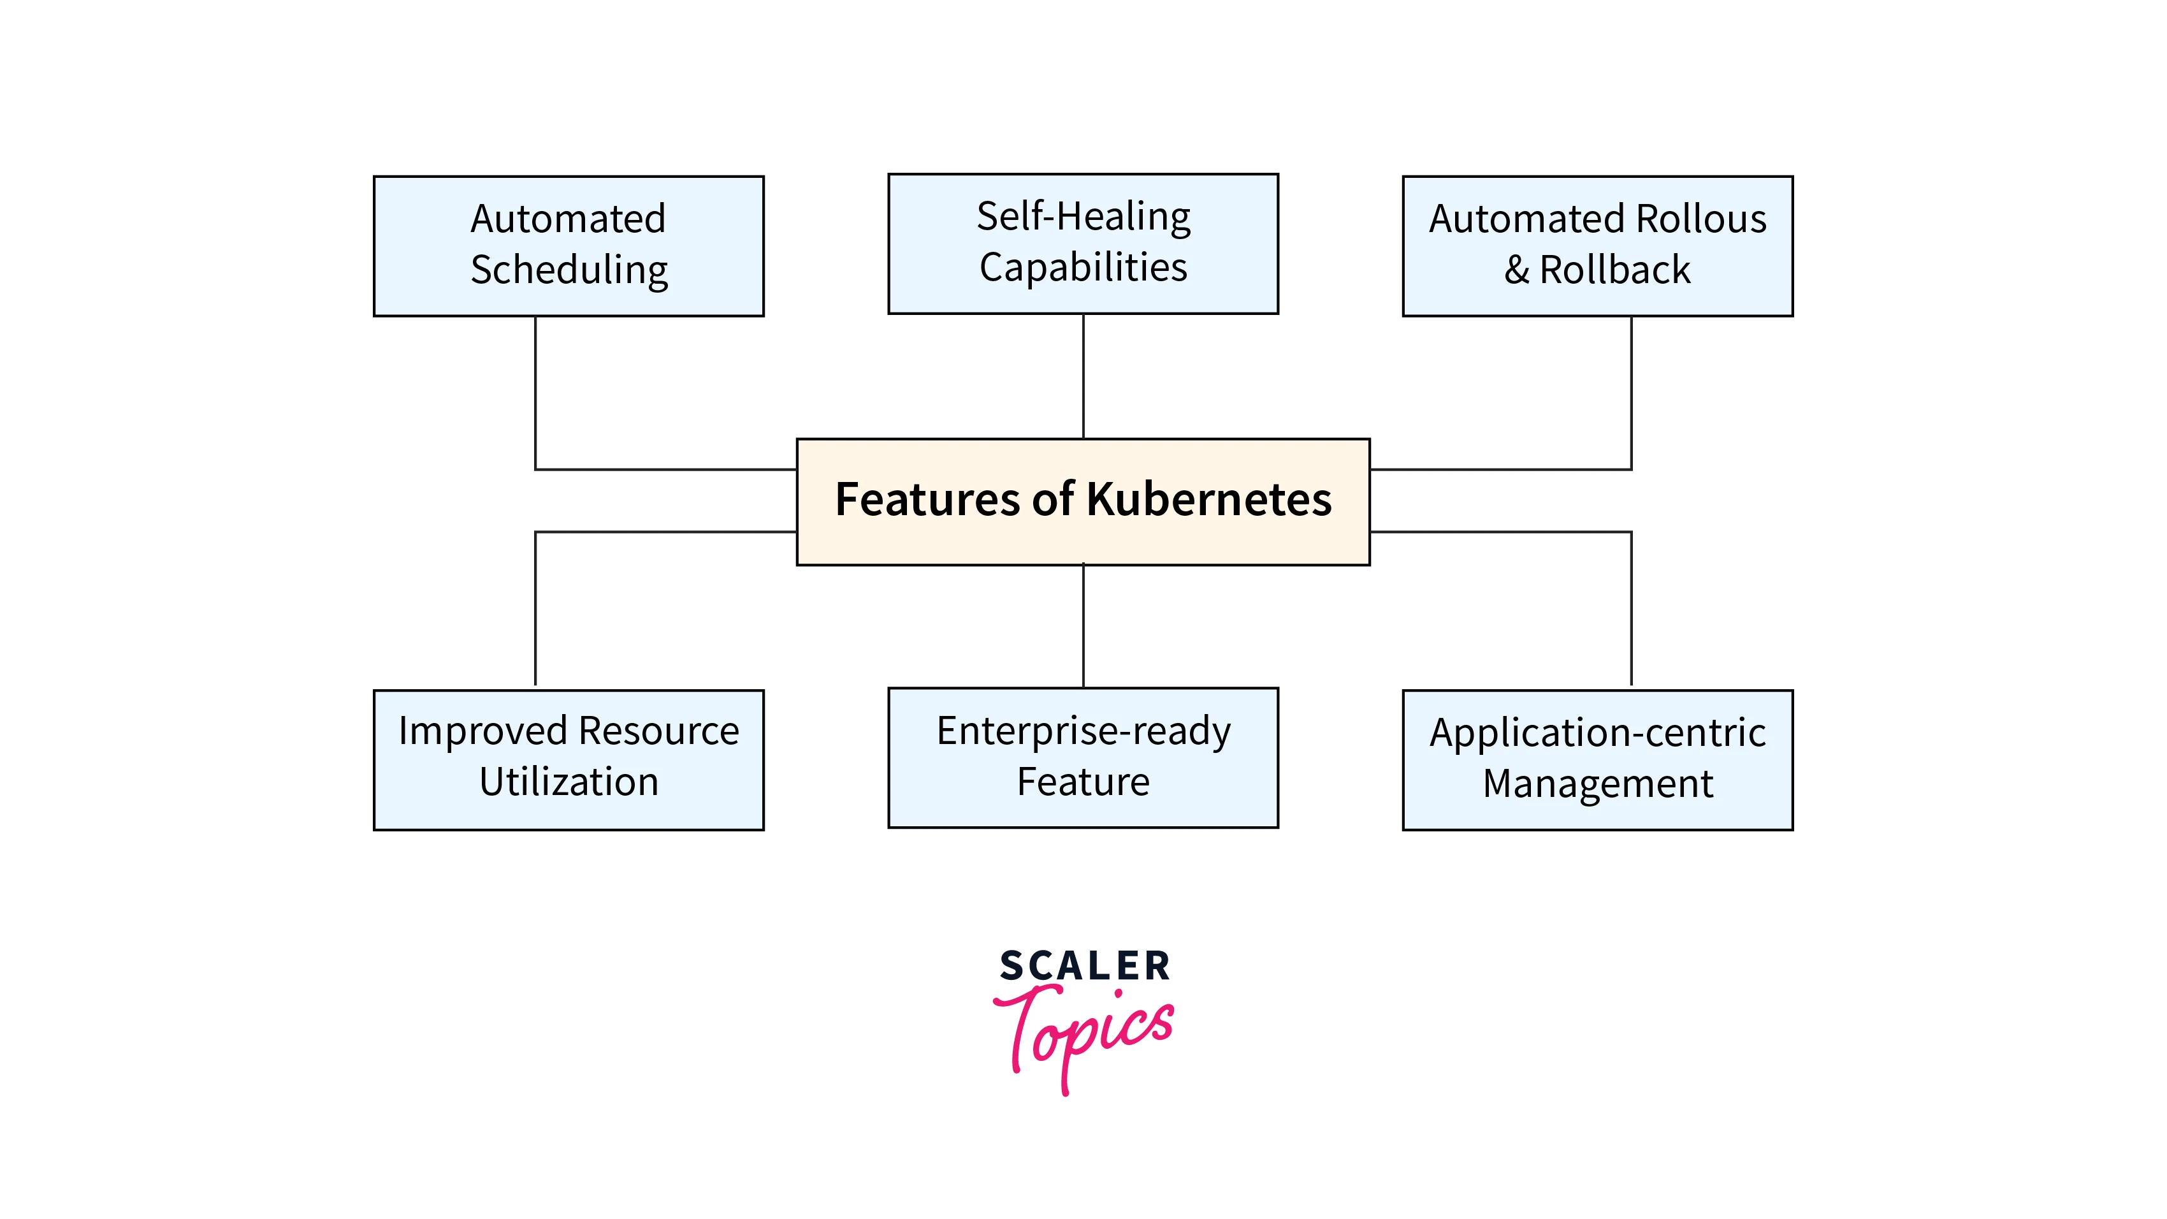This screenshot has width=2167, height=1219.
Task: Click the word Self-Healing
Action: point(1083,217)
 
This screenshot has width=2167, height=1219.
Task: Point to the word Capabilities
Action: point(1083,268)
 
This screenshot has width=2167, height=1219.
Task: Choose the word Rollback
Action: point(1614,270)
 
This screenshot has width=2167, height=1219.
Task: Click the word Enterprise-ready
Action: point(1083,731)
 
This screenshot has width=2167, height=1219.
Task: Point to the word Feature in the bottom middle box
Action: point(1083,782)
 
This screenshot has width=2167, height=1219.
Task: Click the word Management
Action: point(1597,784)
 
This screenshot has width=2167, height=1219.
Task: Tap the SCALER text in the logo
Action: point(1084,966)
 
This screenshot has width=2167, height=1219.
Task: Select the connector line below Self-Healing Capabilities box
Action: point(1083,376)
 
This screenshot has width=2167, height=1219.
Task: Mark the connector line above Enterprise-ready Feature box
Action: point(1083,626)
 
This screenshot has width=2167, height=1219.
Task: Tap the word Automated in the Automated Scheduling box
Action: point(568,219)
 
